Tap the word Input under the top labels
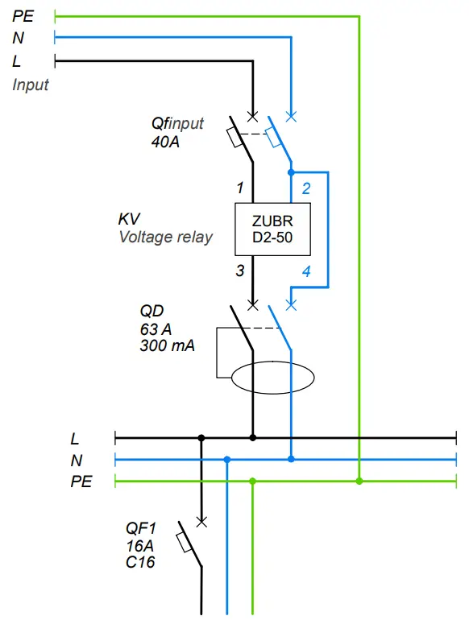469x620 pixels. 31,85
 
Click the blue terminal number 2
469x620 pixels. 306,189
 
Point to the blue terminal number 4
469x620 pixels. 306,271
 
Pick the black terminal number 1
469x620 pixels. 239,188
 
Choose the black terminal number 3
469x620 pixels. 239,271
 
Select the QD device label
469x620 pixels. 152,311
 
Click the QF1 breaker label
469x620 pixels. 141,528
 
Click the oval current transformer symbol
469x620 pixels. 272,378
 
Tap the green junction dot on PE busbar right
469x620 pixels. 359,482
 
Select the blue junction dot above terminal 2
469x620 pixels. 292,172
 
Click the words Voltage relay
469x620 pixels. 166,238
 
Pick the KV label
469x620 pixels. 129,219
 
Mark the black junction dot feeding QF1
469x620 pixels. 201,438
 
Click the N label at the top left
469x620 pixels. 19,38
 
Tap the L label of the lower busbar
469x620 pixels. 75,439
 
